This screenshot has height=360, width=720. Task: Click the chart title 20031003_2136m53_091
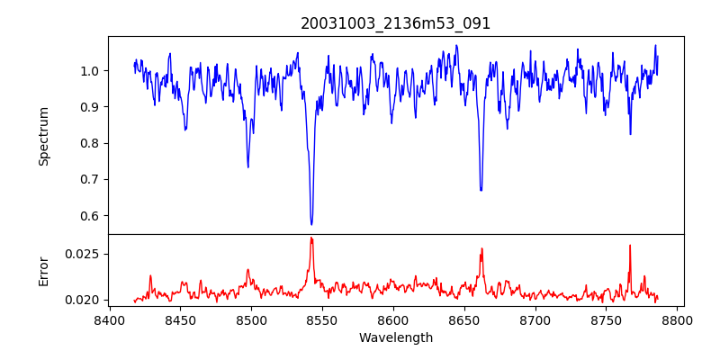(x=396, y=23)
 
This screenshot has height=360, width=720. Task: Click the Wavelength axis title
(x=396, y=338)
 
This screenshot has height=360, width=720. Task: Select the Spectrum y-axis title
(x=43, y=136)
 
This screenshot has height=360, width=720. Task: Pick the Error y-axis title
(x=43, y=270)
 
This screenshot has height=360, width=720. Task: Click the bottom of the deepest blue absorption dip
(x=311, y=224)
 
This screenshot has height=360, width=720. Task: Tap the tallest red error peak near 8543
(x=311, y=238)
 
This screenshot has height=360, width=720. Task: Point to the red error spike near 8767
(x=630, y=246)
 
